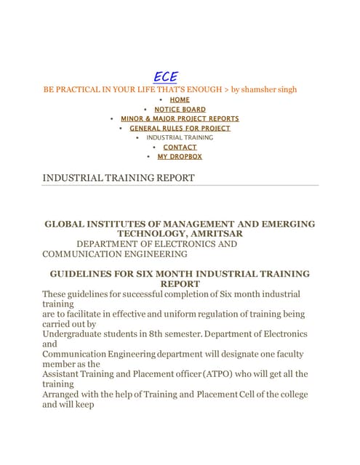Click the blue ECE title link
tap(165, 77)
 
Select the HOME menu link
tap(180, 100)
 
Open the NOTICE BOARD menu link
tap(180, 109)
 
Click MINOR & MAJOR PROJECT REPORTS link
tap(180, 118)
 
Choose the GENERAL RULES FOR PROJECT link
tap(180, 128)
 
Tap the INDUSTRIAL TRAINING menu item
tap(180, 137)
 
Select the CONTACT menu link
tap(180, 147)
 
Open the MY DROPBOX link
tap(180, 156)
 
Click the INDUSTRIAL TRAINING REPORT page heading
tap(119, 177)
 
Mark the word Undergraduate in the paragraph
tap(76, 333)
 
